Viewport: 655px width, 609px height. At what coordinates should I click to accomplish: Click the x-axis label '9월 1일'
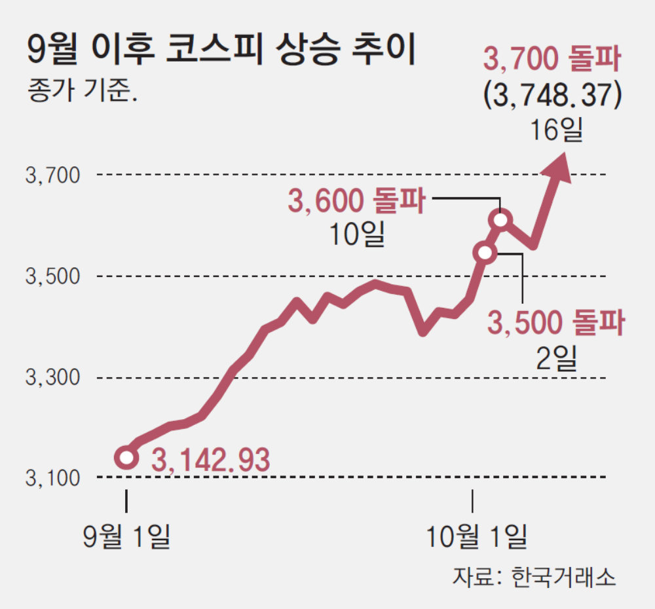(x=126, y=537)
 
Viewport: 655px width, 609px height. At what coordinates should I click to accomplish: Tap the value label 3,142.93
(x=210, y=460)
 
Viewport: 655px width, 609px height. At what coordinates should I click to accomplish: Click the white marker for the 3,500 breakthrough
(x=485, y=252)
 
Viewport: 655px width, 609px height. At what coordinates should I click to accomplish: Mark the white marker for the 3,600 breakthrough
(x=501, y=220)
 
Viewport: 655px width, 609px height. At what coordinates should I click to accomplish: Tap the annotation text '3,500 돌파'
(x=555, y=323)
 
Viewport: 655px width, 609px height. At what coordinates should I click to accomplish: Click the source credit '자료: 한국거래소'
(x=533, y=577)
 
